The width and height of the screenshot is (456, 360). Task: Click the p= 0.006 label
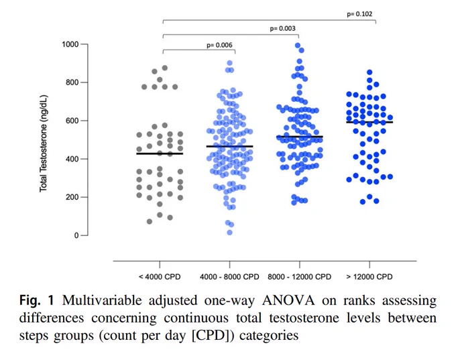click(219, 45)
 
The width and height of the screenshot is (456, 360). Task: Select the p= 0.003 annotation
click(283, 29)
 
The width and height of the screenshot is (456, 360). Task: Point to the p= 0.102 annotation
click(359, 14)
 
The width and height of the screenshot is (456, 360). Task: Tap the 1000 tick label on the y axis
click(70, 44)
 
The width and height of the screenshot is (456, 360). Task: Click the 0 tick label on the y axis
click(76, 235)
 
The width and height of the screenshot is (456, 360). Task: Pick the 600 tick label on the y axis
click(72, 121)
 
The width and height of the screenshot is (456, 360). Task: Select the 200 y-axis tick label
click(72, 197)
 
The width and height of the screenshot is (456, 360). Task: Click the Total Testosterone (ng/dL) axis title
click(44, 143)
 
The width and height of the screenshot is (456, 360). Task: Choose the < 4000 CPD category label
click(160, 277)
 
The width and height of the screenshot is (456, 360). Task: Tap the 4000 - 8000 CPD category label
click(229, 277)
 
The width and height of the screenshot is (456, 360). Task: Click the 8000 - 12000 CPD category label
click(300, 277)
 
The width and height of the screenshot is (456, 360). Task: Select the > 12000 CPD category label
click(369, 277)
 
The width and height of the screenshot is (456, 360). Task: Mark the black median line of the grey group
click(160, 154)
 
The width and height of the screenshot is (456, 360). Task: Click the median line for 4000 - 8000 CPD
click(229, 146)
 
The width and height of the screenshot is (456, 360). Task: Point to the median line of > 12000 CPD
click(369, 122)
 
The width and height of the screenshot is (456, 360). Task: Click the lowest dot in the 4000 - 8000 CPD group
click(229, 233)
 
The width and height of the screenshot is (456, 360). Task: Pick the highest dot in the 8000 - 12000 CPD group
click(298, 46)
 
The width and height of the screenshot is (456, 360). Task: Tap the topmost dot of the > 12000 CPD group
click(369, 72)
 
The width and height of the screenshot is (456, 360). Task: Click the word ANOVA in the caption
click(288, 300)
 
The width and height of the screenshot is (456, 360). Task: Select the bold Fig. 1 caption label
click(37, 300)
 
